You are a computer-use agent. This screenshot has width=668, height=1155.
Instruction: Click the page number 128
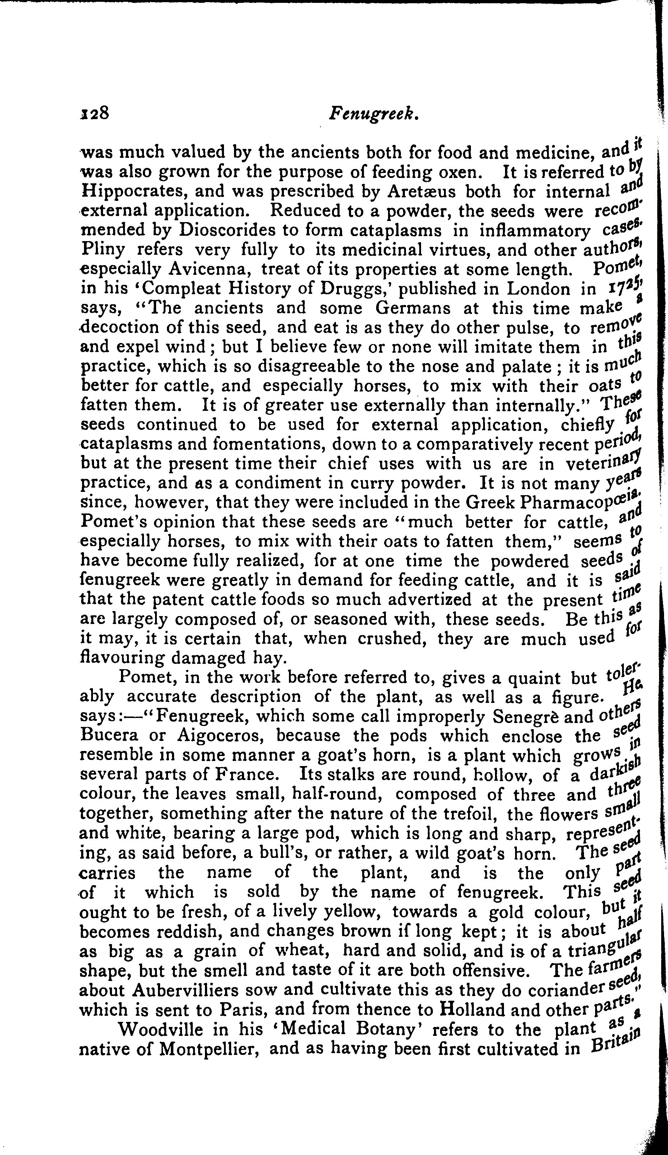click(x=94, y=113)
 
